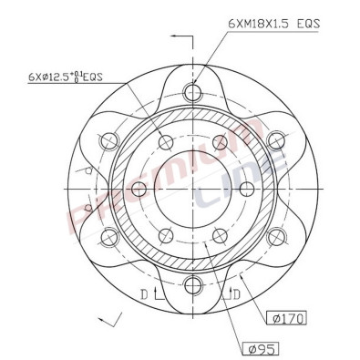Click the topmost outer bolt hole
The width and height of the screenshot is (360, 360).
pos(192,91)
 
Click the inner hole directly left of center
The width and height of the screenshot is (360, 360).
pos(139,189)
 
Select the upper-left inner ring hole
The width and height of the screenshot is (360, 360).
pos(166,142)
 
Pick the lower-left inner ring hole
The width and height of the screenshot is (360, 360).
pos(166,235)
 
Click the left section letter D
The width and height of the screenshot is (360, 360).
pos(144,293)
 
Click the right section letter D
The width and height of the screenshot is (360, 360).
pos(236,293)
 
